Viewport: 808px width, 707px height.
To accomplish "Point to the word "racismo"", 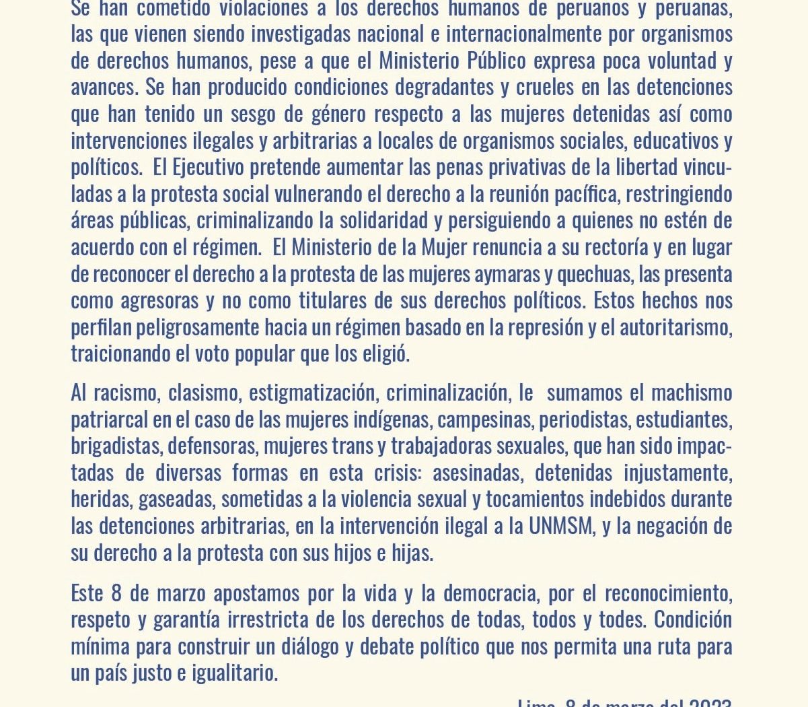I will [125, 393].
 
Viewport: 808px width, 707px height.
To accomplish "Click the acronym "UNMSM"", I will [561, 525].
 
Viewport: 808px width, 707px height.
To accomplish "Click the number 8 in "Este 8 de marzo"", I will [116, 593].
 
